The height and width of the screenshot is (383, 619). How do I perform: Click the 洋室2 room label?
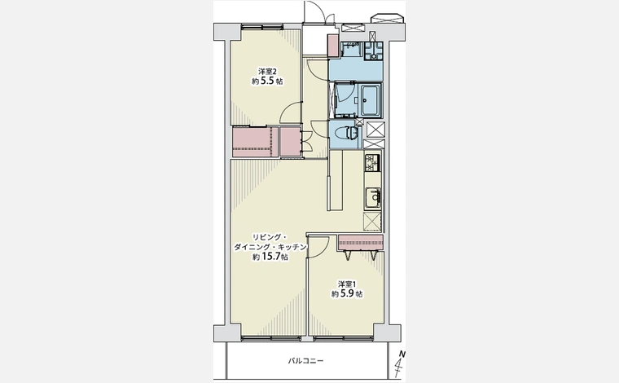click(267, 72)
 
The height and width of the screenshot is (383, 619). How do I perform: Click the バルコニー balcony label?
click(305, 360)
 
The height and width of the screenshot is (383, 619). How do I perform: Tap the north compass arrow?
click(400, 365)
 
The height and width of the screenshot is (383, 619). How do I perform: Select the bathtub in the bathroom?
click(370, 100)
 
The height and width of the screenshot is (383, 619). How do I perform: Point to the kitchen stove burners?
click(372, 163)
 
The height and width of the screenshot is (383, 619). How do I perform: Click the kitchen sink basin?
click(372, 198)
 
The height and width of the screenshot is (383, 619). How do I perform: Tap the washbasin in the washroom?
click(351, 50)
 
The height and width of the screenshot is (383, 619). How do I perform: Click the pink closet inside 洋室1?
click(361, 242)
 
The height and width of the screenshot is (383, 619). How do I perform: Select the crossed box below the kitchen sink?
click(372, 221)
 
